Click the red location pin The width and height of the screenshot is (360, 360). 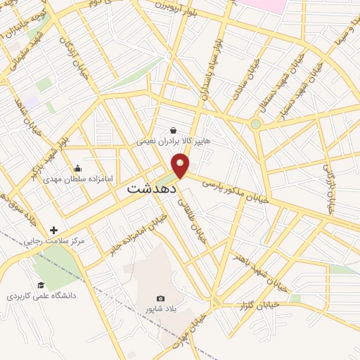coord(181,165)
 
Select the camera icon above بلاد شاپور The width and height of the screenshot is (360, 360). coord(160,299)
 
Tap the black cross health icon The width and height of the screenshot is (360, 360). coord(53,230)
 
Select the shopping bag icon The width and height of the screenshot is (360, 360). coord(173,129)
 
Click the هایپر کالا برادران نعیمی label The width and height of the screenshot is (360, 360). coord(174,141)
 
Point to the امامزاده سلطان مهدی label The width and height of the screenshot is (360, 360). coord(77,179)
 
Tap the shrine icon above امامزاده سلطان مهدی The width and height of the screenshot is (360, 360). coord(77,168)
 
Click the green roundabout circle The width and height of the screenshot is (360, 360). coord(255,124)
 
